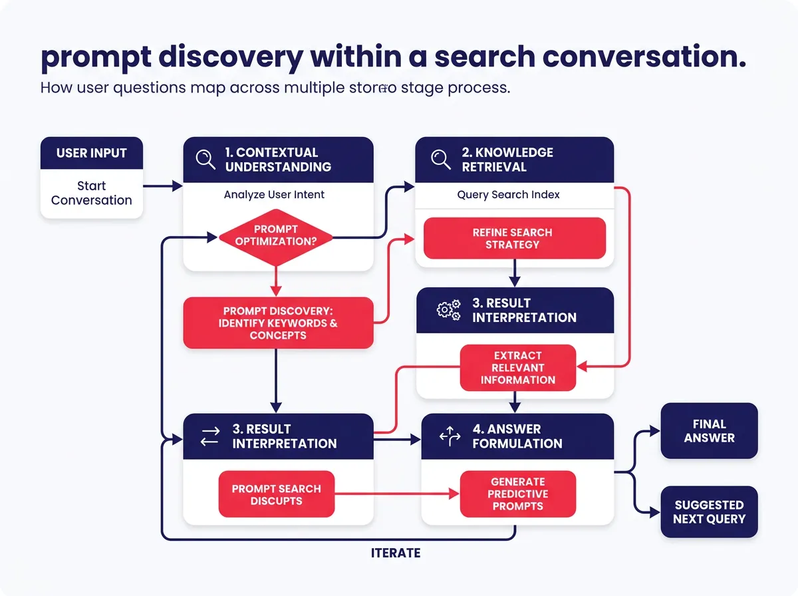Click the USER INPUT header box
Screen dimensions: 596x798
pos(92,154)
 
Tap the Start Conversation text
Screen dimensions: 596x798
pos(92,193)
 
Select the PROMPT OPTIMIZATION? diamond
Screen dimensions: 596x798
pos(276,235)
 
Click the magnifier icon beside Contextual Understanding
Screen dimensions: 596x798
pos(205,160)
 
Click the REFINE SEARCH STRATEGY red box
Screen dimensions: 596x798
pos(515,238)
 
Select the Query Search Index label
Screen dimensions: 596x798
pos(508,195)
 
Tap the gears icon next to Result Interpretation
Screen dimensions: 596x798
pos(448,310)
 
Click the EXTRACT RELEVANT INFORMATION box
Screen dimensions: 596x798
pos(518,367)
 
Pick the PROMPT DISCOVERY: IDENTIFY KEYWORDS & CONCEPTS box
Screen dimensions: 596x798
pos(278,323)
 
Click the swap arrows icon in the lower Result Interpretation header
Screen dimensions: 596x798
pos(209,436)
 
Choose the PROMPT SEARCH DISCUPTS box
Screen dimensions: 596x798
pos(276,494)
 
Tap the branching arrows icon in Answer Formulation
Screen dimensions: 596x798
pos(450,436)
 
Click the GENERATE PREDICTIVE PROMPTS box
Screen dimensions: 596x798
pos(518,494)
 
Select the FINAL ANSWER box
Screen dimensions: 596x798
pos(709,431)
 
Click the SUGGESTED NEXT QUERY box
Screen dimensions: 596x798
pos(709,512)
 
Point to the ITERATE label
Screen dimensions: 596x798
pos(395,553)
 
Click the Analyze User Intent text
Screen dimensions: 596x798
pos(274,195)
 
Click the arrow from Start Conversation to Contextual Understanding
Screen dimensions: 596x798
pos(162,187)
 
